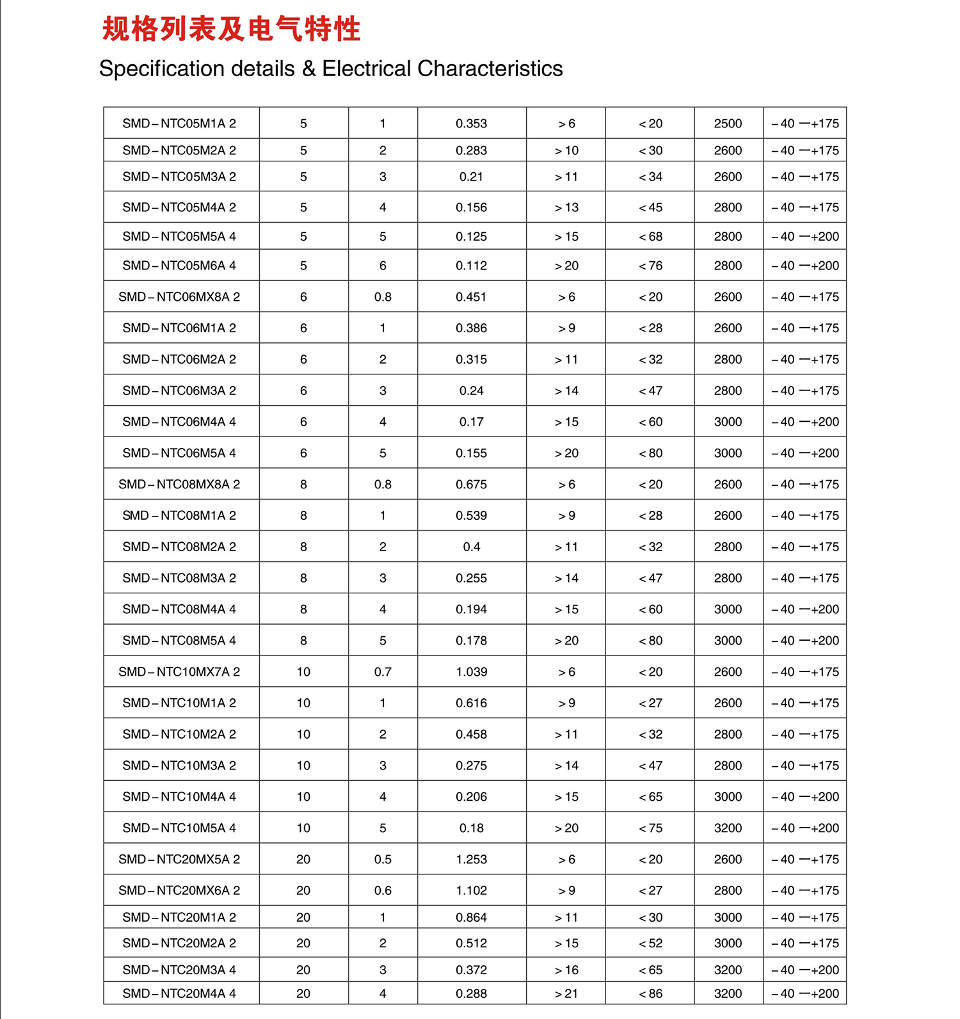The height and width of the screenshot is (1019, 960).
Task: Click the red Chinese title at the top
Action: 231,29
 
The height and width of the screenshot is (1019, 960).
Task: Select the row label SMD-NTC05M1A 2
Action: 179,124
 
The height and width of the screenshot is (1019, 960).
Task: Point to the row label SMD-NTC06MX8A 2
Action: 179,297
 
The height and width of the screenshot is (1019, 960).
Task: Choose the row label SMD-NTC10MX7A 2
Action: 179,672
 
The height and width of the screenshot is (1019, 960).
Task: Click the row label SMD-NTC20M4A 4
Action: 179,993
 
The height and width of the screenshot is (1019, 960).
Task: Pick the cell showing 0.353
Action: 471,124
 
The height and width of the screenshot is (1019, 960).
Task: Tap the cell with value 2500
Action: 728,124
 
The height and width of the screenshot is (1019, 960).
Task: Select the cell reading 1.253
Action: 471,859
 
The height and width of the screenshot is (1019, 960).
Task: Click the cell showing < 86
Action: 650,993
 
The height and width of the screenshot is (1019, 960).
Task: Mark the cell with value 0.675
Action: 471,485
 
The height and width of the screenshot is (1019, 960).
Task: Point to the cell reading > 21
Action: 566,993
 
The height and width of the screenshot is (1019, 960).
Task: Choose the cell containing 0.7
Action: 383,672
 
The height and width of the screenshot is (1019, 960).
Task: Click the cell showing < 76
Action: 650,266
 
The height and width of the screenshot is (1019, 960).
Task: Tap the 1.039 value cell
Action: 471,672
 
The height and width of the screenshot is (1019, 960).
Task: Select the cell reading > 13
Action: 566,207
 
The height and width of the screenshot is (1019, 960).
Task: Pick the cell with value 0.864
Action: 471,917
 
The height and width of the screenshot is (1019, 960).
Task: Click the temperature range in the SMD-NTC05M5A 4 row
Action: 805,237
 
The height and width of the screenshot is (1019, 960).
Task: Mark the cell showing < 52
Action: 650,943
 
